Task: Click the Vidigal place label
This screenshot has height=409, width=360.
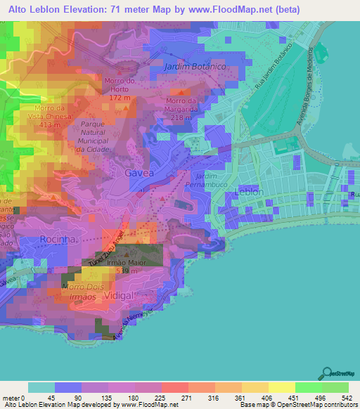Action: point(117,296)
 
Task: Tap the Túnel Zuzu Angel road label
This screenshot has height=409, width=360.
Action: point(106,247)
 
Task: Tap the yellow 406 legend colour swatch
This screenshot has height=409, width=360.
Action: point(254,388)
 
